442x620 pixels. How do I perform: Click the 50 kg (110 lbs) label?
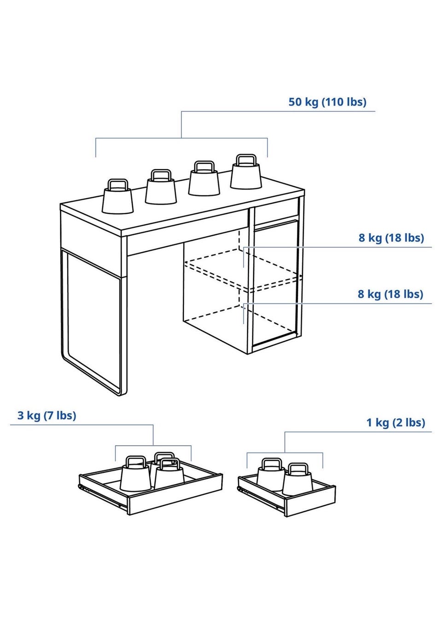coord(327,102)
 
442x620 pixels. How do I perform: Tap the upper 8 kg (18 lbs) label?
coord(391,238)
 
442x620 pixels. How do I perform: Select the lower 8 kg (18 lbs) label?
coord(390,294)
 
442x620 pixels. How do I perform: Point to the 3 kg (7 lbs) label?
coord(47,415)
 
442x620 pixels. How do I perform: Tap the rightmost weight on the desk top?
coord(246,172)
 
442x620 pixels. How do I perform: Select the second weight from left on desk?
coord(161,187)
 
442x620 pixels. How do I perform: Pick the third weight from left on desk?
coord(204,179)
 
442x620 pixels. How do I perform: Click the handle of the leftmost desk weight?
coord(118,184)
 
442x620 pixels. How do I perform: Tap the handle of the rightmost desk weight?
coord(246,160)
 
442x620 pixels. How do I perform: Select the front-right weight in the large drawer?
coord(169,474)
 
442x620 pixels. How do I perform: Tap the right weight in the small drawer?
coord(297,476)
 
